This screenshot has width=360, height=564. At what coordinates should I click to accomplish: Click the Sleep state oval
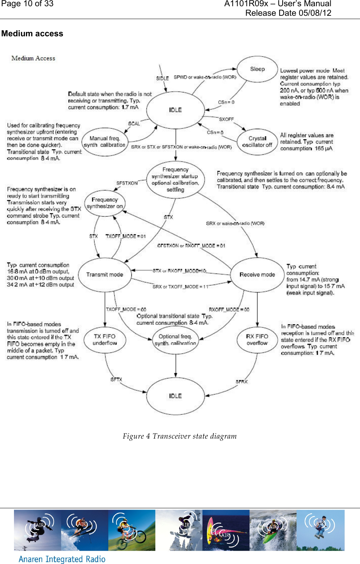pyautogui.click(x=257, y=69)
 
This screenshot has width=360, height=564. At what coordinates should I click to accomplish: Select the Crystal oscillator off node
pyautogui.click(x=257, y=142)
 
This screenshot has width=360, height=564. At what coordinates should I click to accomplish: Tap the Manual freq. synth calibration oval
pyautogui.click(x=105, y=142)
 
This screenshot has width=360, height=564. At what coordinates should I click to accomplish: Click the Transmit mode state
pyautogui.click(x=105, y=275)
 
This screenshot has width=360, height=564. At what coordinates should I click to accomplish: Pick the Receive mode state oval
pyautogui.click(x=257, y=275)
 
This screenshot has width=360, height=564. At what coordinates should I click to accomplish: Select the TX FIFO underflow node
pyautogui.click(x=105, y=340)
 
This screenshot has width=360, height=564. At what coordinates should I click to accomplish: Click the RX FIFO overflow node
pyautogui.click(x=257, y=340)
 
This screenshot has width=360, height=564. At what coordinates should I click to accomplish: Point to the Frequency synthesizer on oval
pyautogui.click(x=105, y=203)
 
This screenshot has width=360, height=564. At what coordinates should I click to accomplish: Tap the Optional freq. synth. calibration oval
pyautogui.click(x=175, y=340)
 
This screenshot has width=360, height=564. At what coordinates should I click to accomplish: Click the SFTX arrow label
pyautogui.click(x=116, y=380)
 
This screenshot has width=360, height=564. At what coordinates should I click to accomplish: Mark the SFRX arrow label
pyautogui.click(x=241, y=382)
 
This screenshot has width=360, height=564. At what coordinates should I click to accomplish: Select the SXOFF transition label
pyautogui.click(x=226, y=119)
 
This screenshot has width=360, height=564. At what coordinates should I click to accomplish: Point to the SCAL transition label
pyautogui.click(x=134, y=124)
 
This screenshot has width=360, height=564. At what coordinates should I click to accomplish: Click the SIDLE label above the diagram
pyautogui.click(x=162, y=78)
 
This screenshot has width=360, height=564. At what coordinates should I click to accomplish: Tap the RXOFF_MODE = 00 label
pyautogui.click(x=229, y=310)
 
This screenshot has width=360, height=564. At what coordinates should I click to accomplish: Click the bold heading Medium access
pyautogui.click(x=32, y=34)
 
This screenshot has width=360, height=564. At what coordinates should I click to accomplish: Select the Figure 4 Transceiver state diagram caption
pyautogui.click(x=179, y=436)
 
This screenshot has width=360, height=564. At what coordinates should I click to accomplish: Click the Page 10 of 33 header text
pyautogui.click(x=28, y=4)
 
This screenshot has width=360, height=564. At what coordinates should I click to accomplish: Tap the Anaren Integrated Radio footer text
pyautogui.click(x=62, y=559)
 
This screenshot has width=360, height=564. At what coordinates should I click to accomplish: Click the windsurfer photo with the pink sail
pyautogui.click(x=226, y=530)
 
